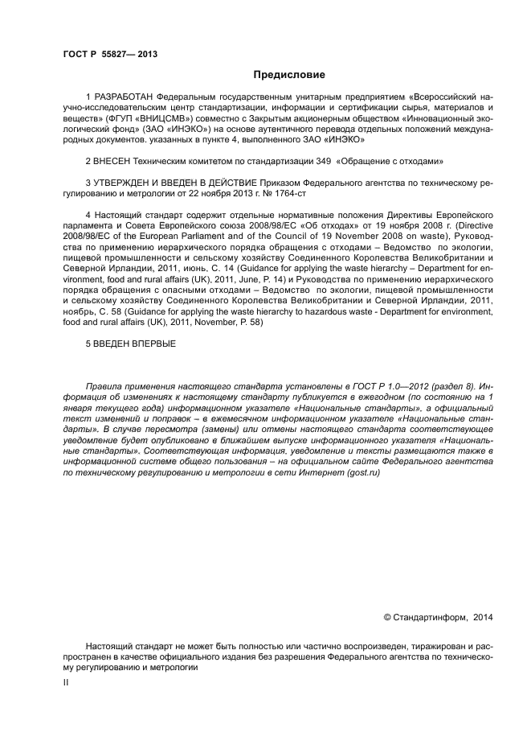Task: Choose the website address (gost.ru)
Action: [x=360, y=471]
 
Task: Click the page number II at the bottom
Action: [x=66, y=681]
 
